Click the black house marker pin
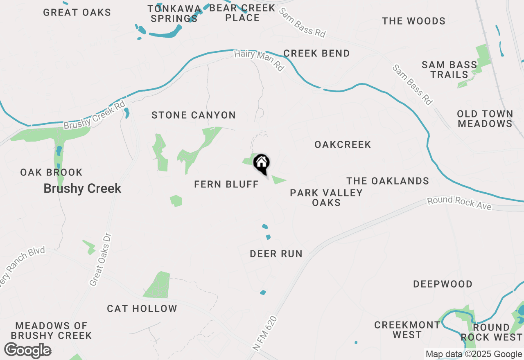262,164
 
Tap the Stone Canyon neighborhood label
194,115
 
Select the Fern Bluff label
226,184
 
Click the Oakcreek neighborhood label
343,144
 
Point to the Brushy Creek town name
82,189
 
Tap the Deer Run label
276,254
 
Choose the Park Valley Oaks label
326,198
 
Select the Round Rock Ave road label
459,203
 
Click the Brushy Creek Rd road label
94,116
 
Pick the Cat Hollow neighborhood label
142,309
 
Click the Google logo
28,351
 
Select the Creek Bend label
316,54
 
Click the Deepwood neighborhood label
443,284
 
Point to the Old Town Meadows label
485,119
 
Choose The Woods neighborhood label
413,21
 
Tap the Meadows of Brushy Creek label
52,331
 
